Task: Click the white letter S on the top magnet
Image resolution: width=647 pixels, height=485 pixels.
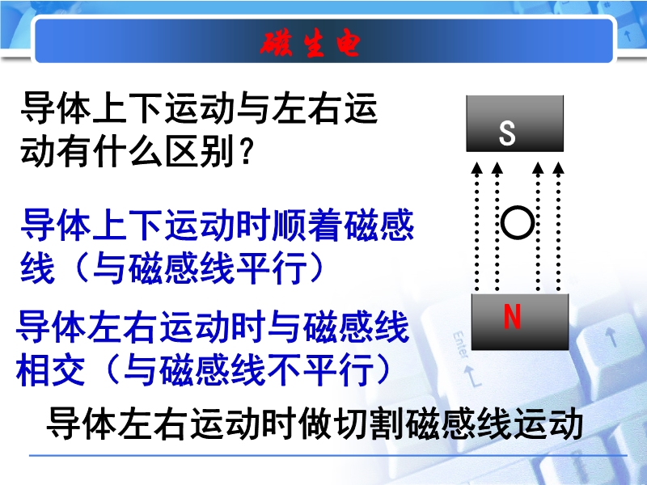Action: [x=507, y=133]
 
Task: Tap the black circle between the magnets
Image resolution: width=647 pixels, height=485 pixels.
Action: [x=518, y=223]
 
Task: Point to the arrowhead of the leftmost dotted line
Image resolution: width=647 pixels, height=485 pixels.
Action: [x=476, y=168]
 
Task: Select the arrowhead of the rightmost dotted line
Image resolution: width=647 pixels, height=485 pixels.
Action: [x=558, y=168]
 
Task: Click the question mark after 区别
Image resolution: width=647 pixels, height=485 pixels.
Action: [x=246, y=151]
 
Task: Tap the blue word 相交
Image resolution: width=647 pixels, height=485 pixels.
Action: [x=50, y=369]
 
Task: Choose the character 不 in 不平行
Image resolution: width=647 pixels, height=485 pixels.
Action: [x=285, y=369]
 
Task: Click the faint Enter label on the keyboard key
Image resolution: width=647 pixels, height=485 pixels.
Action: [x=460, y=344]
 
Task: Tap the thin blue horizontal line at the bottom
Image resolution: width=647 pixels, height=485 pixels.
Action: [x=328, y=456]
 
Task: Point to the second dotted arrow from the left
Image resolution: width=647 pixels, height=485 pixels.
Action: [x=497, y=227]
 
